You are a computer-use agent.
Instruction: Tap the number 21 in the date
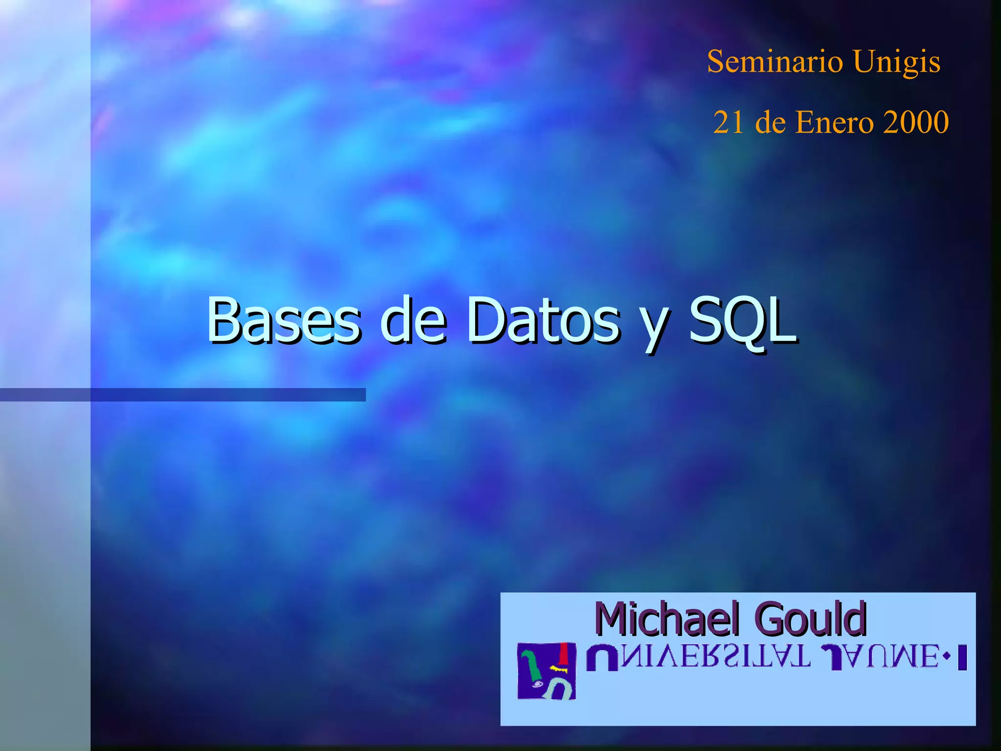pos(728,122)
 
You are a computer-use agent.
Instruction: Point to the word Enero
pos(834,122)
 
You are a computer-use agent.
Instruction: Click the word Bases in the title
pos(284,320)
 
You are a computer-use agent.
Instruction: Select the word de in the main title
pos(413,320)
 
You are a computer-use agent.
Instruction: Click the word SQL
pos(743,320)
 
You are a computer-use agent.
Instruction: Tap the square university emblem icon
pos(546,671)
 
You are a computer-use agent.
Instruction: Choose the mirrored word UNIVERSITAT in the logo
pos(699,657)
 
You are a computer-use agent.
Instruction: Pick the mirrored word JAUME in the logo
pos(880,657)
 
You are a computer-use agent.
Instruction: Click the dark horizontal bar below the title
pos(182,395)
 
